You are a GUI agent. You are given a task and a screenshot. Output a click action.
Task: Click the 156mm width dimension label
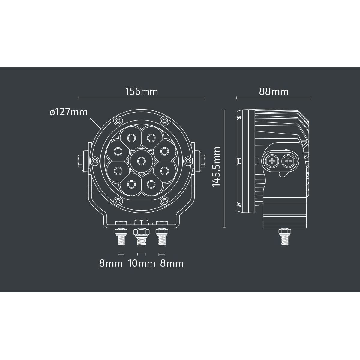click(141, 91)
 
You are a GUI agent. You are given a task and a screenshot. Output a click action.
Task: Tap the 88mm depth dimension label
click(274, 91)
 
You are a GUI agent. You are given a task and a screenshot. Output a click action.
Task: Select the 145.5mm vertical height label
click(216, 167)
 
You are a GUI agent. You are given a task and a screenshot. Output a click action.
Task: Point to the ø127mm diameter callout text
click(69, 112)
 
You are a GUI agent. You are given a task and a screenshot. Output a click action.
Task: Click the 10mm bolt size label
click(142, 263)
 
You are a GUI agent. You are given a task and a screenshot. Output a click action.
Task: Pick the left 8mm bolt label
click(111, 263)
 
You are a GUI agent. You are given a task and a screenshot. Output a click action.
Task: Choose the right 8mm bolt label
click(172, 263)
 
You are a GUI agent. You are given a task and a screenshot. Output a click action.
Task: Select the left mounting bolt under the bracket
click(121, 237)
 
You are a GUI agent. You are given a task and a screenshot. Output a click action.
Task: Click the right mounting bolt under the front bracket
click(161, 237)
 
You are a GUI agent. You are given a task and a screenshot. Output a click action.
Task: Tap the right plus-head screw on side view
click(289, 161)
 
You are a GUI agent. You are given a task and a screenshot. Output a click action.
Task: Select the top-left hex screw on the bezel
click(118, 121)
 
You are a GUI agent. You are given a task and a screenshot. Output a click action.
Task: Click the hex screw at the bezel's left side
click(95, 161)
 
